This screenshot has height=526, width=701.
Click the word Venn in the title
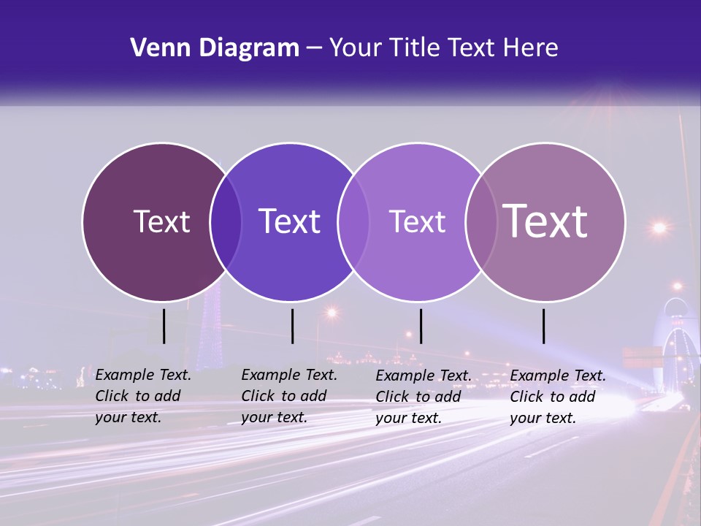tap(155, 48)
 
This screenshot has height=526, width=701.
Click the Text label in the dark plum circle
tap(161, 221)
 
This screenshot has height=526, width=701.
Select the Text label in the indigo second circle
tap(289, 221)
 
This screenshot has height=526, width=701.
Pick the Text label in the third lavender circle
tap(417, 221)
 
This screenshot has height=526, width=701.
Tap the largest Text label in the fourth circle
tap(545, 221)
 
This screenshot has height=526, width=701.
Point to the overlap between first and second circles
tap(226, 221)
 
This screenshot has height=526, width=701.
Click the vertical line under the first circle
tap(164, 326)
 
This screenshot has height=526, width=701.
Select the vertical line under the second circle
tap(292, 326)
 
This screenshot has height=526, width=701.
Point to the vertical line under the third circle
tap(421, 326)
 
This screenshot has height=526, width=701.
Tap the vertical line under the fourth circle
tap(544, 326)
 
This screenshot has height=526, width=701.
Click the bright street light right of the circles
tap(659, 227)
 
